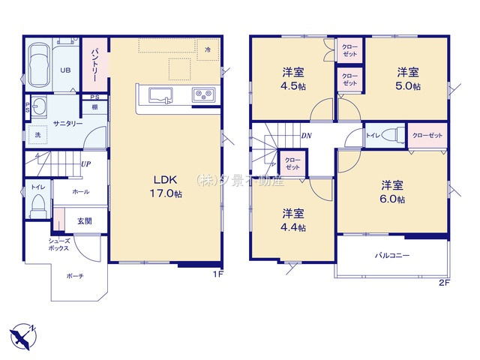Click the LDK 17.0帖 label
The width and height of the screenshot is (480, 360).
point(166,187)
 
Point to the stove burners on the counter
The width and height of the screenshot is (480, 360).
point(203,94)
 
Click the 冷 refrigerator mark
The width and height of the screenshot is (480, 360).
point(208,49)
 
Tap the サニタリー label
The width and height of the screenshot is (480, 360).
point(67,123)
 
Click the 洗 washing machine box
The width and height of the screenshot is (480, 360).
point(37,135)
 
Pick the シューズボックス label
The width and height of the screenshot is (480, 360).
point(60,245)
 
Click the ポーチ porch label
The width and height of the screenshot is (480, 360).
point(74,276)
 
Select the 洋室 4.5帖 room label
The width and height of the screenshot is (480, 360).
point(292,79)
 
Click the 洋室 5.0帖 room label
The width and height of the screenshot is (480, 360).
point(408,79)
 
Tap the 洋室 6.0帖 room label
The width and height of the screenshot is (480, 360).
point(391,193)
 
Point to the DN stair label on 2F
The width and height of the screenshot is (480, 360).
point(306,136)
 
